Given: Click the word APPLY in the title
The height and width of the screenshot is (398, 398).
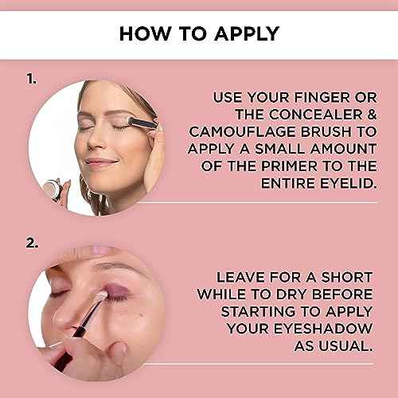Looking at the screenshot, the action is pos(247,33).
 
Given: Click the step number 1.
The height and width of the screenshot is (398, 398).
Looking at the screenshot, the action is pos(32,79).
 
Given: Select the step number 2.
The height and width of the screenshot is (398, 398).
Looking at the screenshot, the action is pos(32,243).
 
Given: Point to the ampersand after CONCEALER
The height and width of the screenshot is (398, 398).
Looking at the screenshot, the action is pos(372,115).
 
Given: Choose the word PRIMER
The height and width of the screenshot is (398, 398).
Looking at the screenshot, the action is pos(289,166).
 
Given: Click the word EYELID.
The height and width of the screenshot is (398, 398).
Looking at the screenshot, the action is pos(349,183).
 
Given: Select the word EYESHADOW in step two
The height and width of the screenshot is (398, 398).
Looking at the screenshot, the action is pos(322,329).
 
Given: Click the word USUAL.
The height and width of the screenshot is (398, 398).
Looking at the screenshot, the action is pos(345,346).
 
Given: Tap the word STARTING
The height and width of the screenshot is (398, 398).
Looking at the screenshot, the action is pos(258,311).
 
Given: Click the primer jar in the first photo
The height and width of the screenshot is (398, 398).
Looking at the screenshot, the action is pos(52,189).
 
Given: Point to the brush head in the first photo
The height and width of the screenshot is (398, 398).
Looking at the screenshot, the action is pos(133,121).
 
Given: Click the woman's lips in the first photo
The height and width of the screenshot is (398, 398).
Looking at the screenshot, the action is pos(101,162).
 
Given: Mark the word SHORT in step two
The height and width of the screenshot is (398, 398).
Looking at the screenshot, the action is pos(347,277).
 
